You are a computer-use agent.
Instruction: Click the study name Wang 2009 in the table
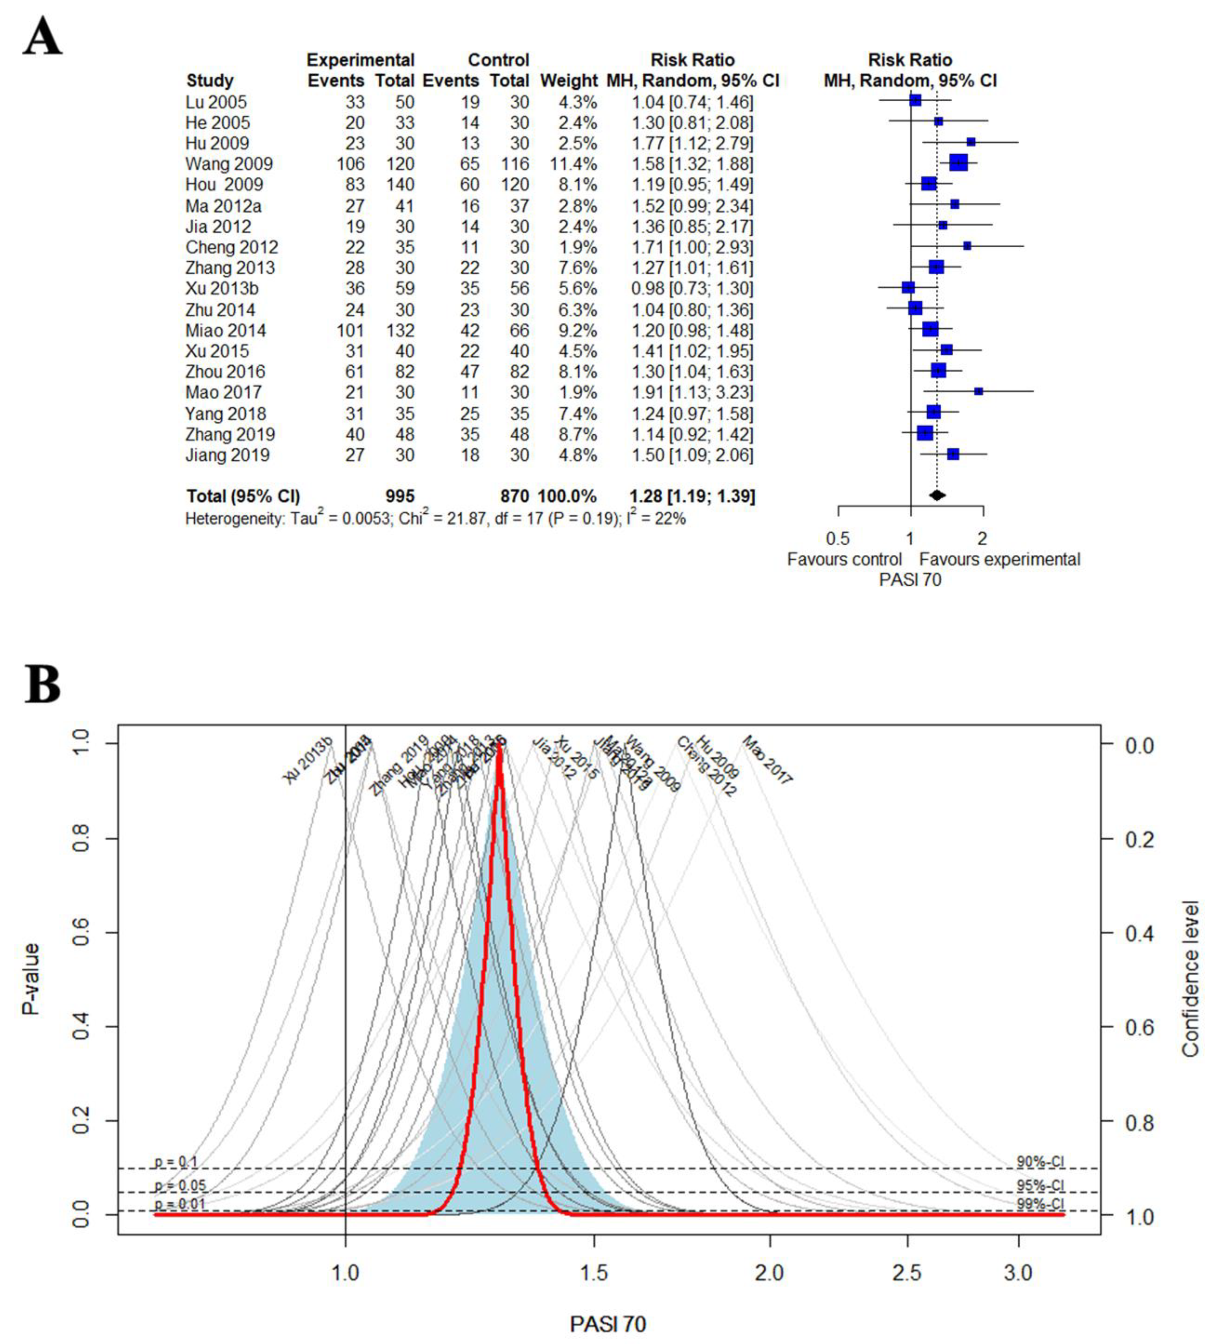pyautogui.click(x=229, y=164)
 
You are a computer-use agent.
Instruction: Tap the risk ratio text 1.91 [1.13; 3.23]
pyautogui.click(x=692, y=392)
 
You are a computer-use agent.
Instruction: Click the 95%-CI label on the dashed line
pyautogui.click(x=1040, y=1186)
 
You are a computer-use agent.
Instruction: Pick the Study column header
pyautogui.click(x=210, y=81)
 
